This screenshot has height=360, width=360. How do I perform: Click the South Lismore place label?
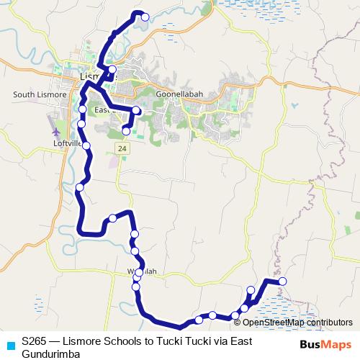(40, 95)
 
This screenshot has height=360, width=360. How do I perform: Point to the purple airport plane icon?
(57, 132)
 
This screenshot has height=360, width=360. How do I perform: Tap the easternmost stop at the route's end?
(282, 281)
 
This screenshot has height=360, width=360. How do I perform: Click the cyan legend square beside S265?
(8, 343)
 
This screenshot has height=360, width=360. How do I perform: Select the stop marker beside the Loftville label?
(86, 145)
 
